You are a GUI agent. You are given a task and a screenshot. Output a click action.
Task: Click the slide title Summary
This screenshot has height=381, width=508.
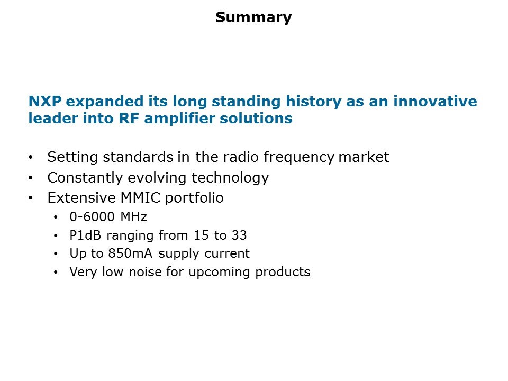click(x=253, y=17)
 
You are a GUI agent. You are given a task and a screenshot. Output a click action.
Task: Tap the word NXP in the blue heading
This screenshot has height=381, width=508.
click(x=44, y=102)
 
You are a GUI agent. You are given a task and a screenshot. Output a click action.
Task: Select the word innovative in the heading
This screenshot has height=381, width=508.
click(x=435, y=102)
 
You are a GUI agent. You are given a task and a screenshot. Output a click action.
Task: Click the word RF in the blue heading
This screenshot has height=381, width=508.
click(x=129, y=118)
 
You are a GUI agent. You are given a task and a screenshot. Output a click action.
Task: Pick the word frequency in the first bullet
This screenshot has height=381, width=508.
click(x=298, y=157)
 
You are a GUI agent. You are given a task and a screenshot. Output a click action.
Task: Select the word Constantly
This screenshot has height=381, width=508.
click(x=85, y=178)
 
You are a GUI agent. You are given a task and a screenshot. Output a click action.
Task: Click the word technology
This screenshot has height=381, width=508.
click(x=230, y=178)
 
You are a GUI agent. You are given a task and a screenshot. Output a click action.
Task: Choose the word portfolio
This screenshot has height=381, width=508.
click(x=194, y=198)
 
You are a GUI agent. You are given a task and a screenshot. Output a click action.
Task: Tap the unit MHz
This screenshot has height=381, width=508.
click(x=134, y=217)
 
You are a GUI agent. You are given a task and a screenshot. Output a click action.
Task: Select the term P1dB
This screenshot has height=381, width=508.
click(x=85, y=235)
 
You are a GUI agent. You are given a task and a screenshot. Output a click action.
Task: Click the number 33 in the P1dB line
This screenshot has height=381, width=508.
click(x=239, y=235)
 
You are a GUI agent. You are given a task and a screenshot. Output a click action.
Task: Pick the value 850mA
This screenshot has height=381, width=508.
click(x=130, y=253)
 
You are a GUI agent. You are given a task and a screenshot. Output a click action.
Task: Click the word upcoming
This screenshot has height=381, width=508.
click(x=219, y=272)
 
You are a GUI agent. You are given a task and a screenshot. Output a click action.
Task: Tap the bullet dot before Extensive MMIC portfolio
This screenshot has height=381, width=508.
click(x=31, y=198)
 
